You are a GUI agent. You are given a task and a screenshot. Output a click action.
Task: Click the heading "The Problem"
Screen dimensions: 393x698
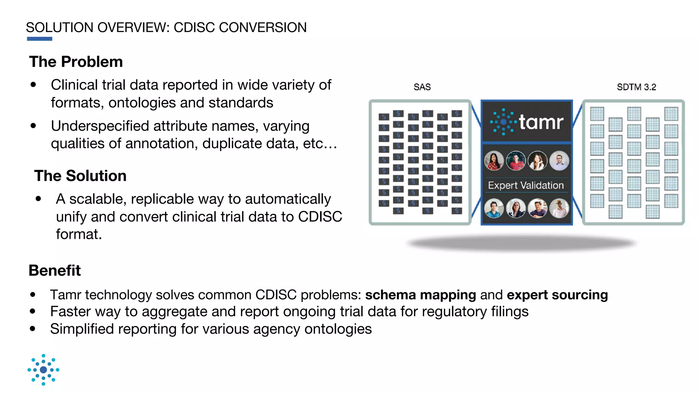tap(76, 62)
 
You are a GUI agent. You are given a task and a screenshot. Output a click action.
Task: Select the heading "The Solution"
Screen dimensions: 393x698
tap(80, 176)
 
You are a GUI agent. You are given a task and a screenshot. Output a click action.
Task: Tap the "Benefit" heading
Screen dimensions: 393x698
tap(55, 271)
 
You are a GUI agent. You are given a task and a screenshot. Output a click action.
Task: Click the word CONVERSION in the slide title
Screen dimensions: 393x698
tap(262, 28)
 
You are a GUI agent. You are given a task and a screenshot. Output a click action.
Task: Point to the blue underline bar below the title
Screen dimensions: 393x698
tap(40, 39)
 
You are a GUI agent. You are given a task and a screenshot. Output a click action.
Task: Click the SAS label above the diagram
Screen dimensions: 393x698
tap(422, 87)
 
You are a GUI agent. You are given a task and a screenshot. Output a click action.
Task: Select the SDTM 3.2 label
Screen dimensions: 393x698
tap(636, 87)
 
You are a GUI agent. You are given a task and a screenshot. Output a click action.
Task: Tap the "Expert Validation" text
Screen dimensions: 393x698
tap(526, 185)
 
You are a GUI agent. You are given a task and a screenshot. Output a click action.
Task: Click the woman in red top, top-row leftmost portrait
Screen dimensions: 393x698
tap(494, 161)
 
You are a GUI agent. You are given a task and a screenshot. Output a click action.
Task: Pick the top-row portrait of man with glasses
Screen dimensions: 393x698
tap(559, 161)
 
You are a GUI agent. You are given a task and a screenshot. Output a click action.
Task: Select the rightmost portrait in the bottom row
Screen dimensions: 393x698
tap(559, 208)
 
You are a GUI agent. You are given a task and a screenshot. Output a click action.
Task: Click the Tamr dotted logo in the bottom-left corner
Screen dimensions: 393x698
tap(43, 370)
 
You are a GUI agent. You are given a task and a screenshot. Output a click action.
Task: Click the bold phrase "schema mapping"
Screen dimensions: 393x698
tap(420, 295)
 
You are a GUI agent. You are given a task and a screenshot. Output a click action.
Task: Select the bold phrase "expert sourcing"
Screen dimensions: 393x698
tap(557, 295)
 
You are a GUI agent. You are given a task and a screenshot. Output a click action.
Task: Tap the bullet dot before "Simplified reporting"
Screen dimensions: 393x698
tap(33, 329)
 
